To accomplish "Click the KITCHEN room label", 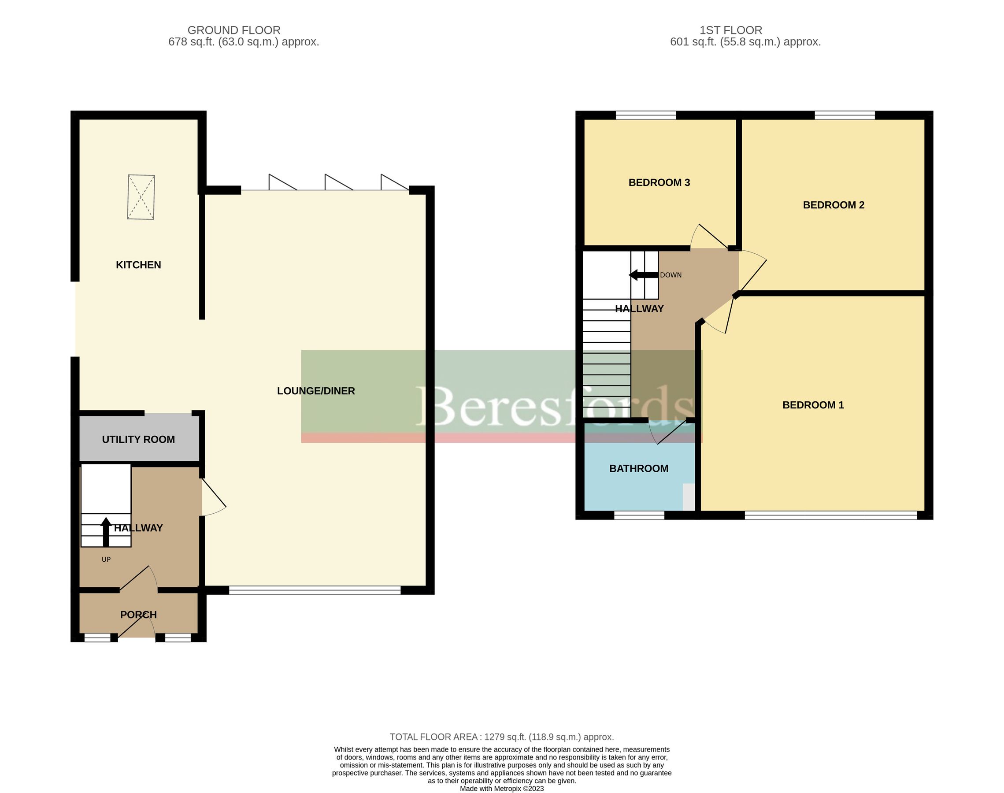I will pyautogui.click(x=138, y=265).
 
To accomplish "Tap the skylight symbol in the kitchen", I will pyautogui.click(x=141, y=197).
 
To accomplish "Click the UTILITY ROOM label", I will pyautogui.click(x=138, y=439).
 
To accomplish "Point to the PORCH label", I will pyautogui.click(x=138, y=615).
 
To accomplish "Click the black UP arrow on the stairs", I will pyautogui.click(x=106, y=531).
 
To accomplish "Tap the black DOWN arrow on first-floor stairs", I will pyautogui.click(x=643, y=275).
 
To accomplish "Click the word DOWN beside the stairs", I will pyautogui.click(x=671, y=275).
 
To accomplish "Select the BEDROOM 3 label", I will pyautogui.click(x=659, y=182).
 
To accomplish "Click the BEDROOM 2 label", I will pyautogui.click(x=834, y=205).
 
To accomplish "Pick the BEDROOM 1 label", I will pyautogui.click(x=813, y=405).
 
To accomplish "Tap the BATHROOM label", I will pyautogui.click(x=639, y=468).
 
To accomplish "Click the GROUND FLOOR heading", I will pyautogui.click(x=234, y=30).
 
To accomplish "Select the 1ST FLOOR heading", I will pyautogui.click(x=731, y=30).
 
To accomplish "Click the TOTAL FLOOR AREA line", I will pyautogui.click(x=502, y=737).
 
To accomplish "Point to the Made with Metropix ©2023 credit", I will pyautogui.click(x=502, y=788).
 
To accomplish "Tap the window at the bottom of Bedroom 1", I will pyautogui.click(x=831, y=515).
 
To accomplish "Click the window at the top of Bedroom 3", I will pyautogui.click(x=646, y=115).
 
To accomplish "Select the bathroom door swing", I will pyautogui.click(x=668, y=432).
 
